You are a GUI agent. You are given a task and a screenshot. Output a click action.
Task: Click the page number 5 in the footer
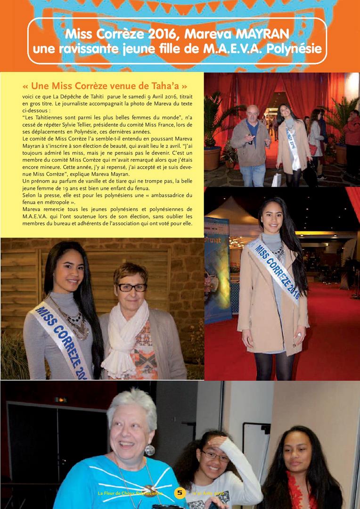coord(180,493)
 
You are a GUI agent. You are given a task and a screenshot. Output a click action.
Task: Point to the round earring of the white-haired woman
coord(149,450)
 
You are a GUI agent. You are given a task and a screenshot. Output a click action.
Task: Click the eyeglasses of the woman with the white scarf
coord(132,287)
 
